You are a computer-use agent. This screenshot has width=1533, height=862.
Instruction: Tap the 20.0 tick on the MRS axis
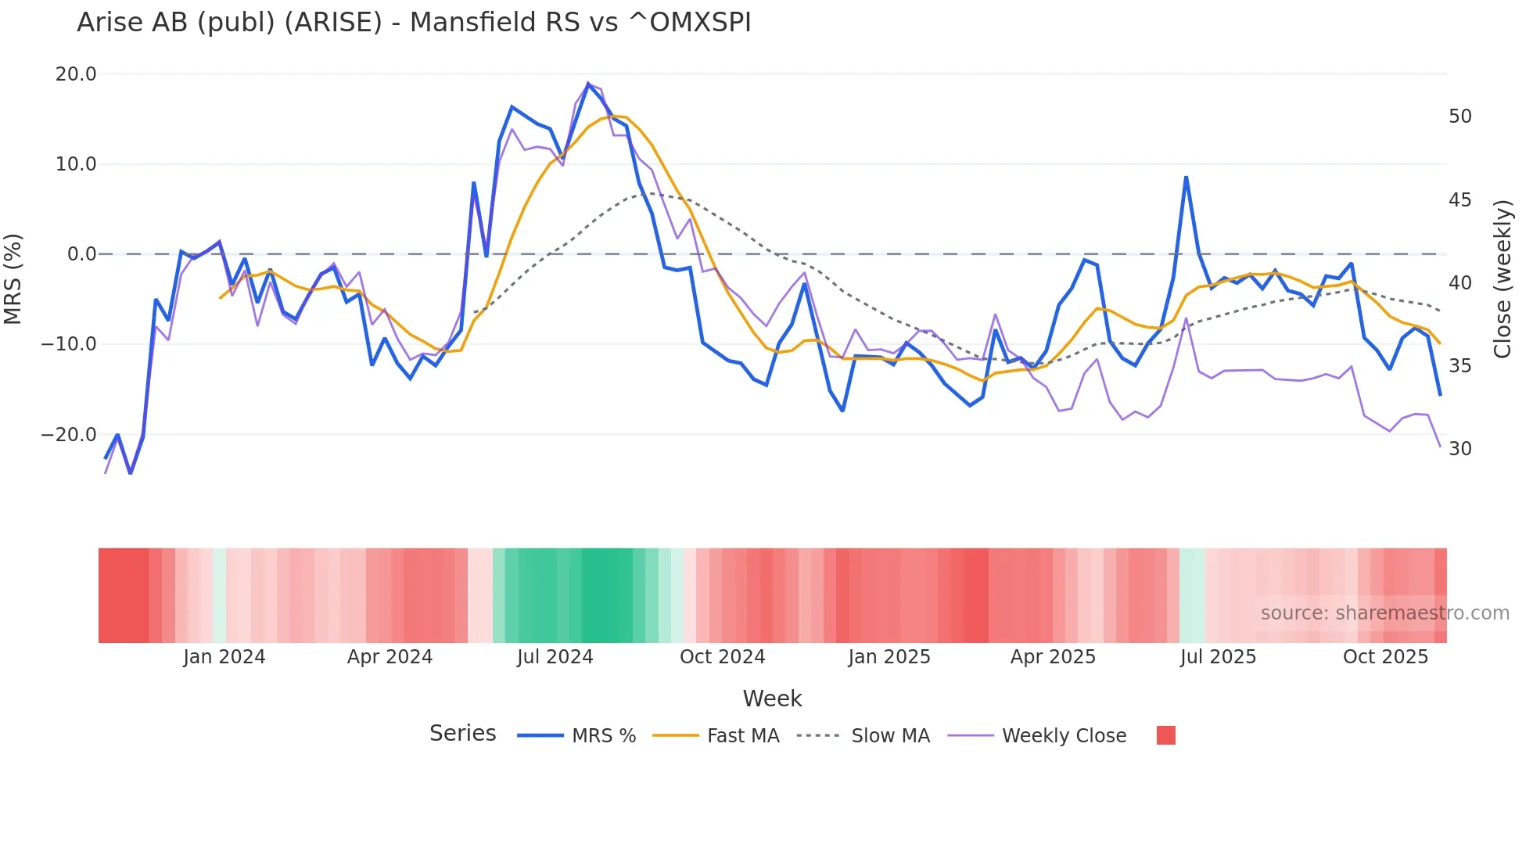[x=76, y=74]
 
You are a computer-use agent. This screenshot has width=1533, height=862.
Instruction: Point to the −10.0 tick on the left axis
[x=69, y=344]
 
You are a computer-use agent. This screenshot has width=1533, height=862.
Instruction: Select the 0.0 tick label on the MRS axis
[x=81, y=254]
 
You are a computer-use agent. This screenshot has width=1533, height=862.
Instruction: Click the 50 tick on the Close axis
[x=1459, y=117]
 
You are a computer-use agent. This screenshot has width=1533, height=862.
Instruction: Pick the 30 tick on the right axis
[x=1459, y=449]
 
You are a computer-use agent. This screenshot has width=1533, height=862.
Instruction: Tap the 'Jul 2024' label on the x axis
[x=555, y=657]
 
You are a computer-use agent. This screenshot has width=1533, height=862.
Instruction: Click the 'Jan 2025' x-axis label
[x=889, y=657]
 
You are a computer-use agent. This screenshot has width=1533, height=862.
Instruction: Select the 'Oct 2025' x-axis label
[x=1385, y=657]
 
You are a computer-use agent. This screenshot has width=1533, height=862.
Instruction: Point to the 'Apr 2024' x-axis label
[x=390, y=657]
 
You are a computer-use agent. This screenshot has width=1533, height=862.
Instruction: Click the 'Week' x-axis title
[x=772, y=699]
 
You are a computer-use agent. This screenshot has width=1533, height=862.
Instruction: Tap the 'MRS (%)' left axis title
[x=13, y=278]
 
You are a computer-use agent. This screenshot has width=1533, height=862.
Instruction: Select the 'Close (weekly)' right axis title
[x=1502, y=279]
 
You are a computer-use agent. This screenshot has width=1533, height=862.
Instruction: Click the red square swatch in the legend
[x=1165, y=735]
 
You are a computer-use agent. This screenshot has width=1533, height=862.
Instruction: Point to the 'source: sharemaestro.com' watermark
[x=1384, y=613]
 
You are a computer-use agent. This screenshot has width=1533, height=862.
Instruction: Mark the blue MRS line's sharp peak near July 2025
[x=1186, y=178]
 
